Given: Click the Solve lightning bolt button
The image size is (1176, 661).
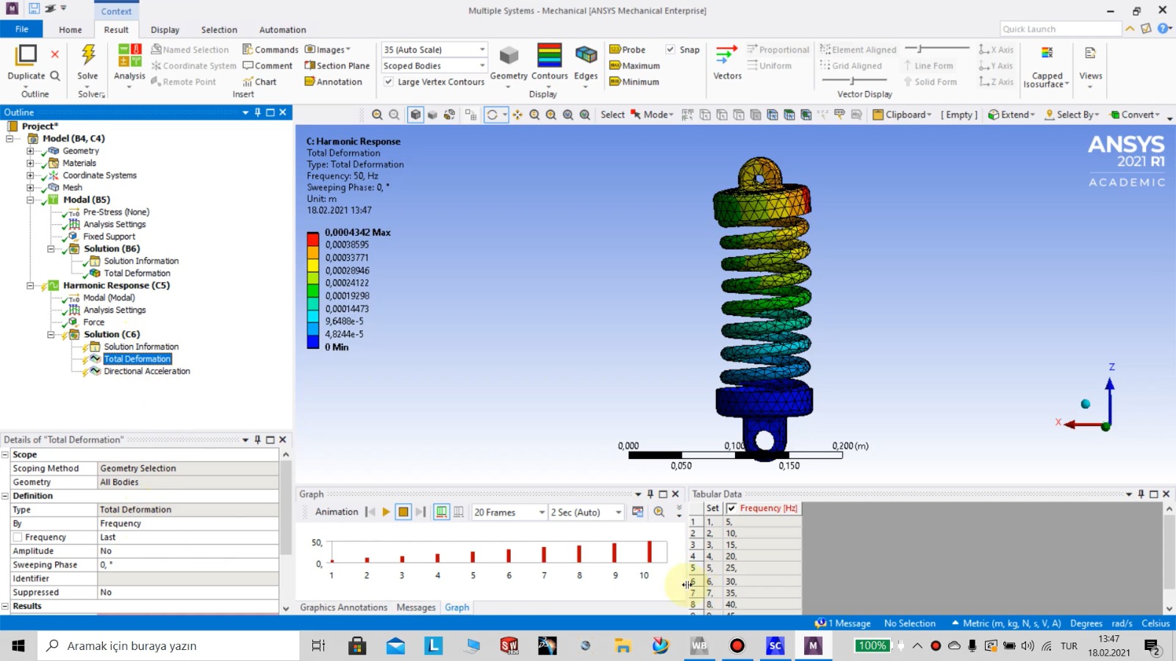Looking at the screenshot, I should pyautogui.click(x=87, y=57).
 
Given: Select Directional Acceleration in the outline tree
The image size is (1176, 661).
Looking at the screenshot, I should pyautogui.click(x=146, y=372).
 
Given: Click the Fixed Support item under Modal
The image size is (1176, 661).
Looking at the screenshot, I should pyautogui.click(x=109, y=236).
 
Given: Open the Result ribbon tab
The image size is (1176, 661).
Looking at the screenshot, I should pyautogui.click(x=116, y=30).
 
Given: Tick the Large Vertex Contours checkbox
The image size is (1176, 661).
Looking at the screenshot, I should pyautogui.click(x=389, y=82).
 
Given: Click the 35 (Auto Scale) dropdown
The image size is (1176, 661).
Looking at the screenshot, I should pyautogui.click(x=434, y=50).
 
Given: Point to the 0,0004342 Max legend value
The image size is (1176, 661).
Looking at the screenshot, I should pyautogui.click(x=357, y=232).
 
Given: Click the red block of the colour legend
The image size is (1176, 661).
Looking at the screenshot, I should pyautogui.click(x=313, y=239).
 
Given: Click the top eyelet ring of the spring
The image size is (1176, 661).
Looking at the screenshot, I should pyautogui.click(x=760, y=174).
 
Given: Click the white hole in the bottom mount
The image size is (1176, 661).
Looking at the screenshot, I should pyautogui.click(x=764, y=441).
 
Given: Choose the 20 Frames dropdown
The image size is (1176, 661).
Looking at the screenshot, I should pyautogui.click(x=509, y=513).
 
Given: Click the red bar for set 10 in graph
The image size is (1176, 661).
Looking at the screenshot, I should pyautogui.click(x=649, y=552).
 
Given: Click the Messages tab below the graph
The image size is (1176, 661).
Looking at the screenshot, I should pyautogui.click(x=416, y=607).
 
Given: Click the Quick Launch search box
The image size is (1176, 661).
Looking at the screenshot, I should pyautogui.click(x=1059, y=29).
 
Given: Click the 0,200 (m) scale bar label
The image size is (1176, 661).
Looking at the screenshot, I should pyautogui.click(x=850, y=446).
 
